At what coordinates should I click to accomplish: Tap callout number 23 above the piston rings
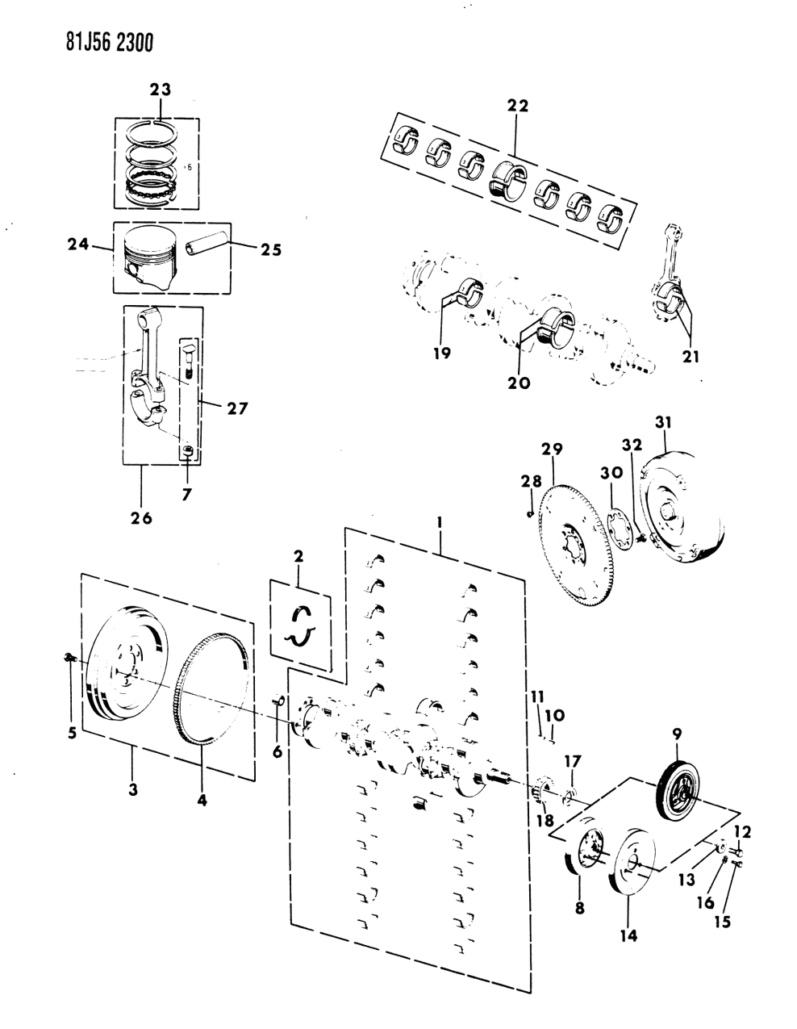[x=160, y=91]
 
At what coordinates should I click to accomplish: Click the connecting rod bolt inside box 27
[x=188, y=360]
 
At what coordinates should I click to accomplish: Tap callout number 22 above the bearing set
[x=517, y=106]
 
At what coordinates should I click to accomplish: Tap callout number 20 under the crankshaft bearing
[x=520, y=382]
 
